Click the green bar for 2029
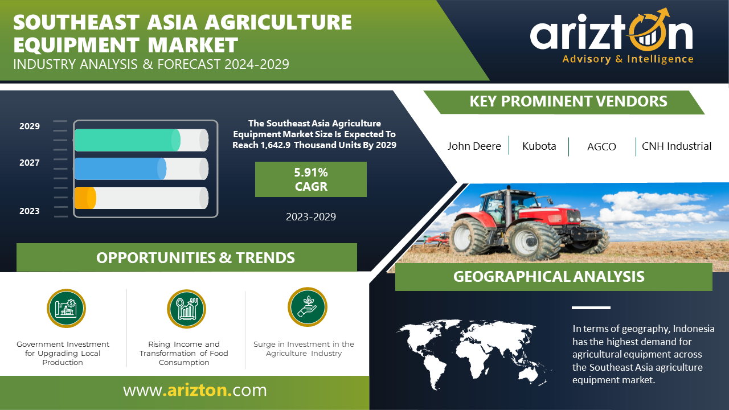(127, 140)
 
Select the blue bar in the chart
(120, 169)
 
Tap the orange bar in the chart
(85, 198)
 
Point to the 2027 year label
(29, 163)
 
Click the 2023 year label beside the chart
(29, 211)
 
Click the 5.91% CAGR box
(311, 179)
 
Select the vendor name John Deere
(474, 146)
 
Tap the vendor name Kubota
(539, 146)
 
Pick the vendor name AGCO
(601, 147)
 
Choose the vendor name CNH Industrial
(676, 146)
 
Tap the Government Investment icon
(67, 308)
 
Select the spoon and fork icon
(186, 309)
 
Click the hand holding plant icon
(307, 307)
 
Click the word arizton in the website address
(197, 390)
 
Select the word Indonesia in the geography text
(694, 329)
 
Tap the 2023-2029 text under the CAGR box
(311, 217)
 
